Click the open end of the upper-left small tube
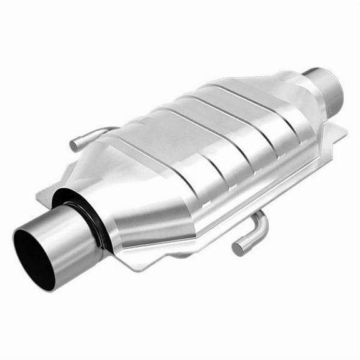click(74, 146)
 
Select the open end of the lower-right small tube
click(238, 248)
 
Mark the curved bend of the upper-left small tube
click(87, 134)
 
